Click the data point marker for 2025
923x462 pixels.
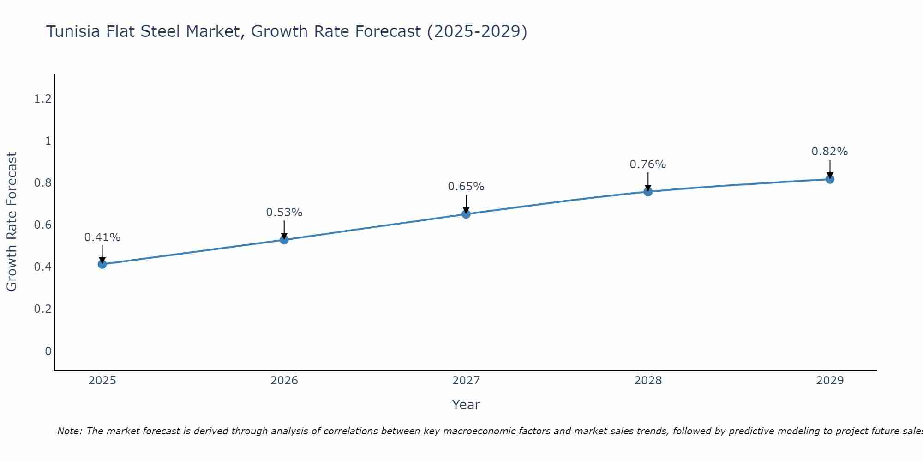click(x=102, y=264)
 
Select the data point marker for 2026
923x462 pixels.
click(x=284, y=240)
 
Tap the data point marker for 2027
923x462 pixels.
click(x=466, y=214)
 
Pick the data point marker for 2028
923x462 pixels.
click(x=648, y=192)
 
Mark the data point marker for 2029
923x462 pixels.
click(x=830, y=179)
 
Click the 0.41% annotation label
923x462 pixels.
click(x=102, y=237)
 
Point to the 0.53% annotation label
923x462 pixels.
click(x=284, y=213)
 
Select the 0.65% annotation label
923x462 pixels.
click(x=466, y=187)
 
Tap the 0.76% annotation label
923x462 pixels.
click(x=648, y=164)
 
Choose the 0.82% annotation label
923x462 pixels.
click(x=830, y=152)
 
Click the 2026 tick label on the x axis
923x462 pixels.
click(x=284, y=381)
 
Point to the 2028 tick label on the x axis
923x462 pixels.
click(x=648, y=381)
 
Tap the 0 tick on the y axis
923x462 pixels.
click(x=48, y=352)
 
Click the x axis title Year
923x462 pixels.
click(x=466, y=405)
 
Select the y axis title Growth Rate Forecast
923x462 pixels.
click(x=12, y=222)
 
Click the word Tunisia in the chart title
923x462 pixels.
click(x=72, y=32)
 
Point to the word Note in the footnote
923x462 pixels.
click(x=69, y=431)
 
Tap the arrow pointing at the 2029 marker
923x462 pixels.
click(x=830, y=170)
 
